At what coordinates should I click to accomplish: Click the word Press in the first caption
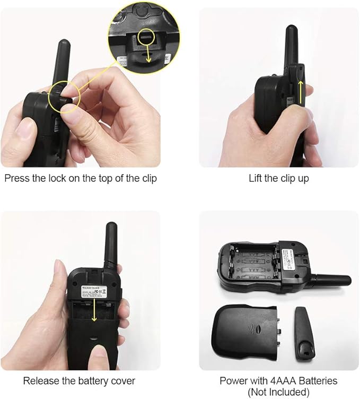point(17,178)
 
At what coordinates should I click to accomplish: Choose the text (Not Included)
point(279,392)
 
